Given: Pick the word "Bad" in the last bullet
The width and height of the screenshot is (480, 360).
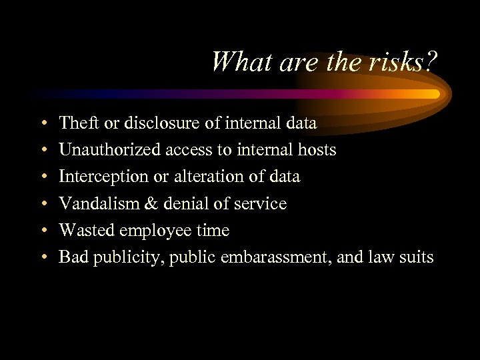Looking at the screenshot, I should [x=72, y=257].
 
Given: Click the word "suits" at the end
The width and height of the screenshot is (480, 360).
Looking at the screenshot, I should [x=417, y=257].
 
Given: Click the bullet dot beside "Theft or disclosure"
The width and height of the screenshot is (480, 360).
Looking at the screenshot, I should [x=42, y=124].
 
